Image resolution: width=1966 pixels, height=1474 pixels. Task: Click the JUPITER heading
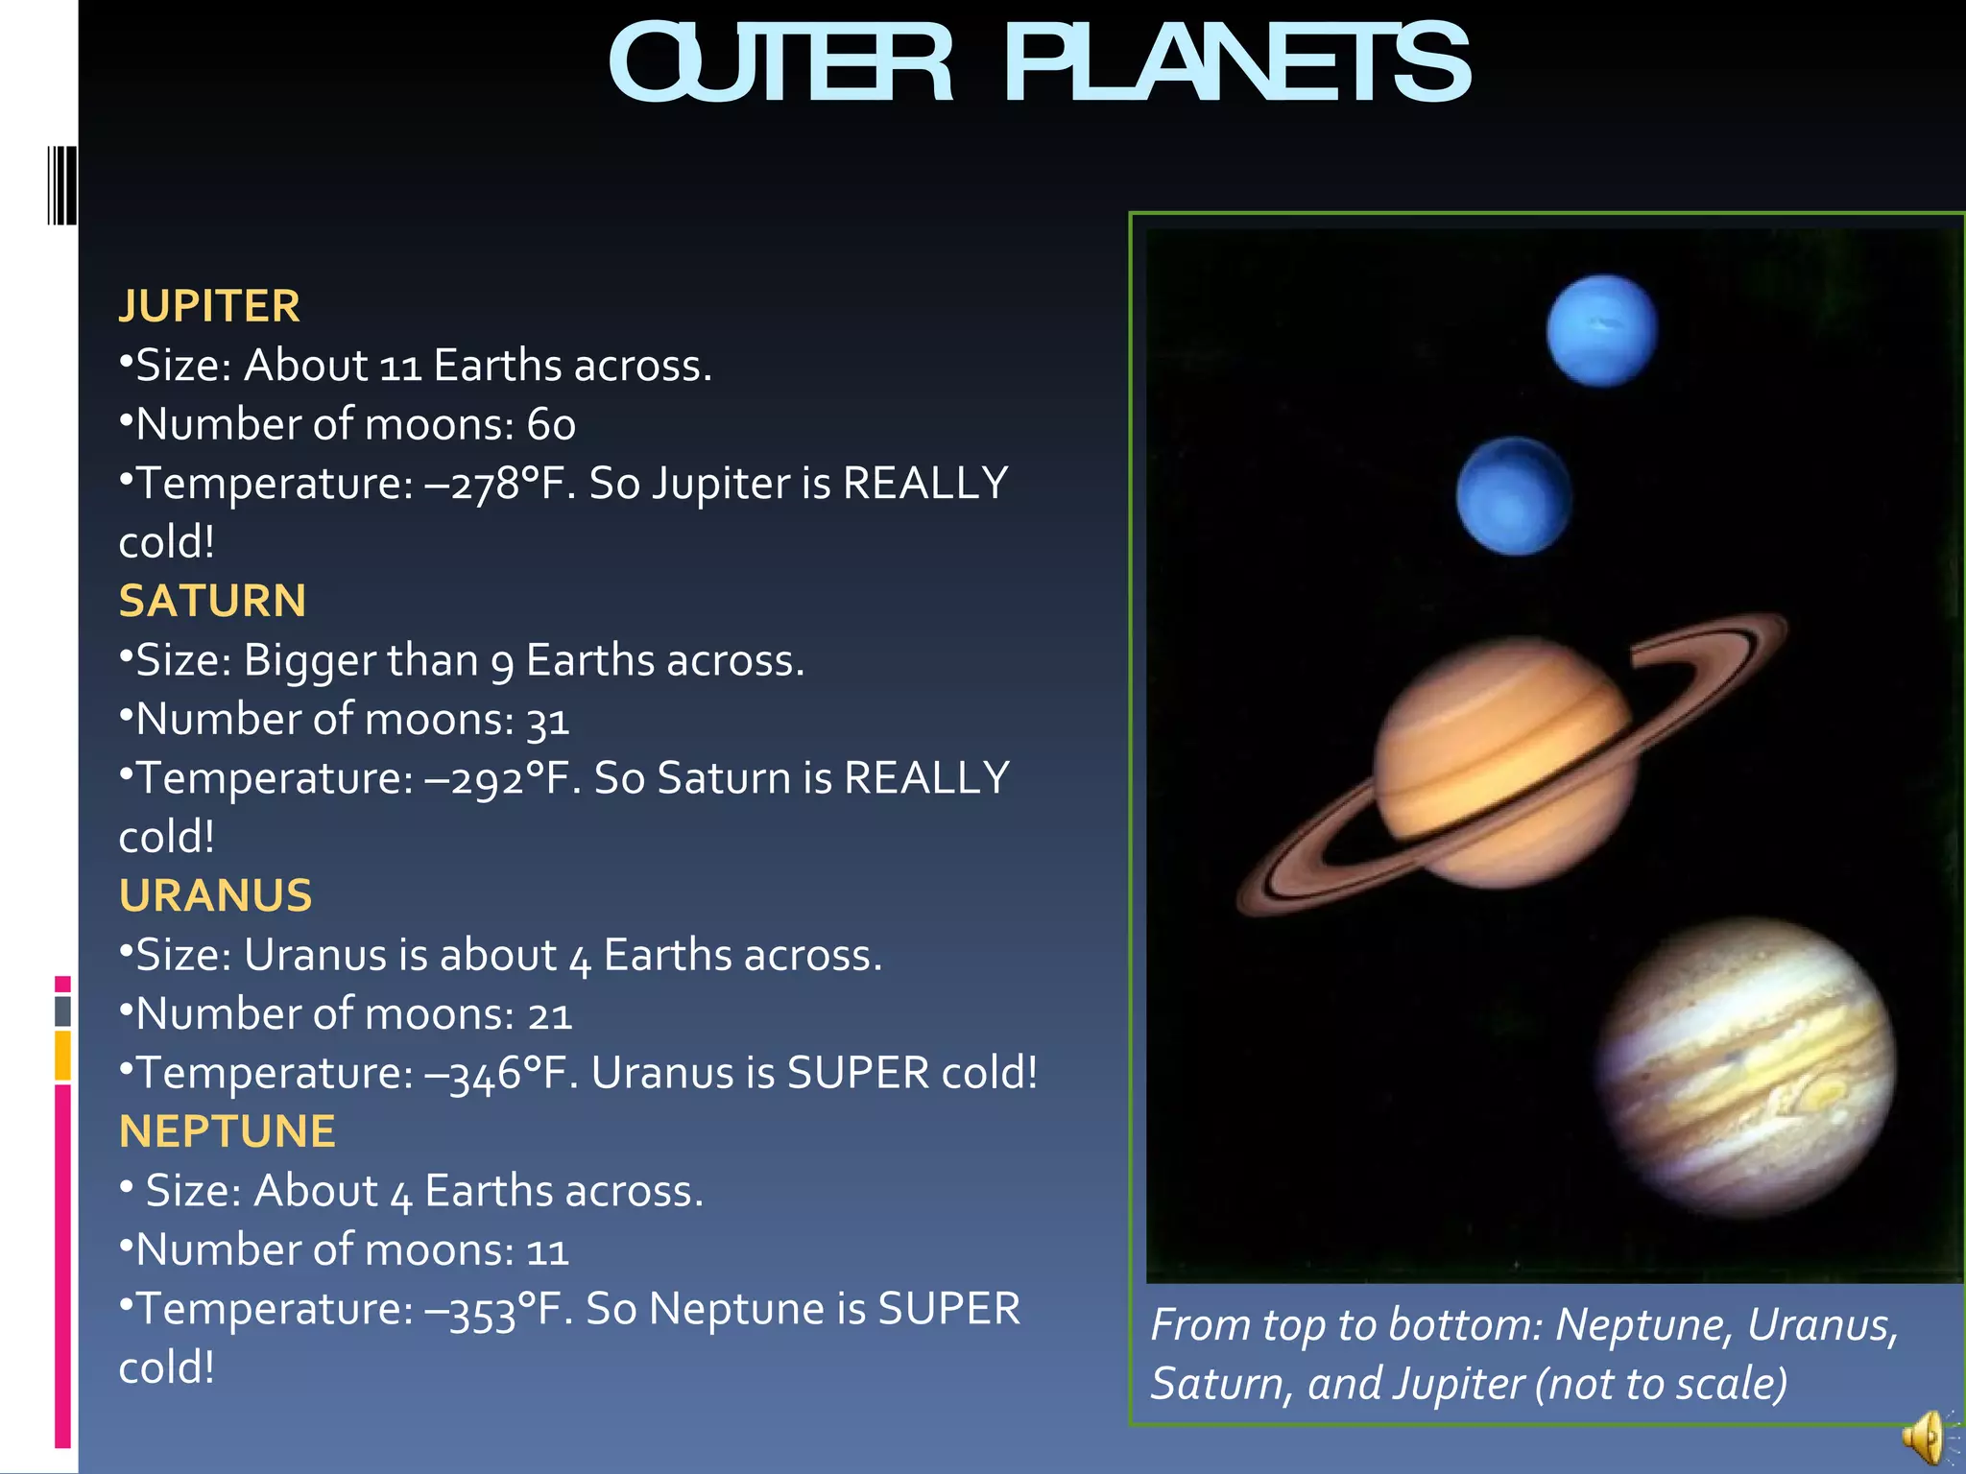coord(209,306)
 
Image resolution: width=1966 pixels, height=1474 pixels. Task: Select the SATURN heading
coord(212,601)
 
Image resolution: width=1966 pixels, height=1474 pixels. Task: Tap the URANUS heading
coord(215,895)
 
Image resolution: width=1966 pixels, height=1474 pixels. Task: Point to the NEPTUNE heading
coord(228,1131)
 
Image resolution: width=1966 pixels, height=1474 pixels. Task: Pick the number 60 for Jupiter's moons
coord(551,425)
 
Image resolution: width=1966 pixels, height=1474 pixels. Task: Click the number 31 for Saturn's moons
coord(547,720)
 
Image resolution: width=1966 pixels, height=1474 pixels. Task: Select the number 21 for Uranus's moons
coord(549,1014)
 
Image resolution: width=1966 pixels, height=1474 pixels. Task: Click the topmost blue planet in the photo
coord(1601,330)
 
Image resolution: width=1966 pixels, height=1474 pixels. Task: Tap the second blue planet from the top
coord(1514,496)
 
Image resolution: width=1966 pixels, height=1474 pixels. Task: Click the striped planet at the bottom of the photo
coord(1746,1066)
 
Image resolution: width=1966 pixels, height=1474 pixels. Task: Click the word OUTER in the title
coord(780,65)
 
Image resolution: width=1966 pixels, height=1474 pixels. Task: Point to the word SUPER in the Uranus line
coord(857,1073)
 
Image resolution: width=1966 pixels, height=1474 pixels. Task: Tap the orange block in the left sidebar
coord(62,1055)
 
